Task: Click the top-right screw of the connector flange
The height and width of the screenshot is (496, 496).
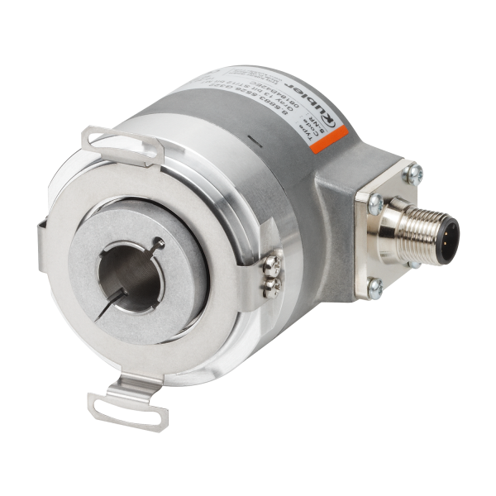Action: (415, 174)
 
